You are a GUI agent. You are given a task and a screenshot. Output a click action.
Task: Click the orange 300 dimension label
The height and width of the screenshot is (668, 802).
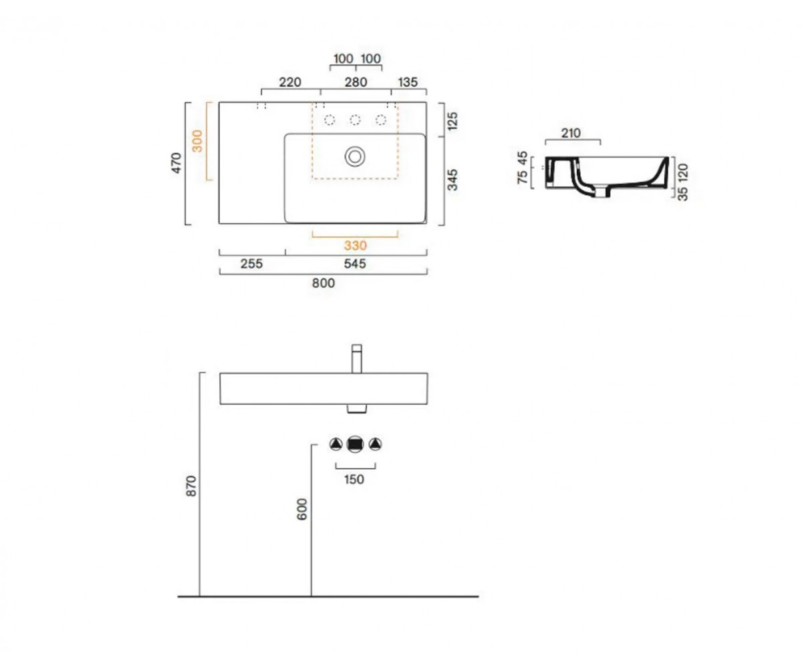click(197, 141)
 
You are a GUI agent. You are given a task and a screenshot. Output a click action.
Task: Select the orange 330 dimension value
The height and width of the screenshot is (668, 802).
click(356, 245)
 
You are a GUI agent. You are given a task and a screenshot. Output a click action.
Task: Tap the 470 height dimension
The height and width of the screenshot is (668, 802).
click(176, 163)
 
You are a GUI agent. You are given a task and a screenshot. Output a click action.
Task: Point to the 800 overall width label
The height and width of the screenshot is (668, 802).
click(323, 283)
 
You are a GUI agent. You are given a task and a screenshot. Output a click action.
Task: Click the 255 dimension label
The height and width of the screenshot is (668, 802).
click(251, 264)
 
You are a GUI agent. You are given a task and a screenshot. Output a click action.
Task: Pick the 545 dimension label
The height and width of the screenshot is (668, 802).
click(355, 264)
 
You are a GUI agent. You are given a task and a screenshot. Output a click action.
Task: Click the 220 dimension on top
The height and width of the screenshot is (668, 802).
click(290, 82)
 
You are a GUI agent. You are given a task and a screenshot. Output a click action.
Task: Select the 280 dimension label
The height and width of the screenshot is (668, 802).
click(356, 82)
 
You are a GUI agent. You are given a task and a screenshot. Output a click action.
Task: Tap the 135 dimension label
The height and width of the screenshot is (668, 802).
click(408, 82)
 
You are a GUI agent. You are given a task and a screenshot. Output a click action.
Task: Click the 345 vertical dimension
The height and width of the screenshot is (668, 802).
click(453, 180)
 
